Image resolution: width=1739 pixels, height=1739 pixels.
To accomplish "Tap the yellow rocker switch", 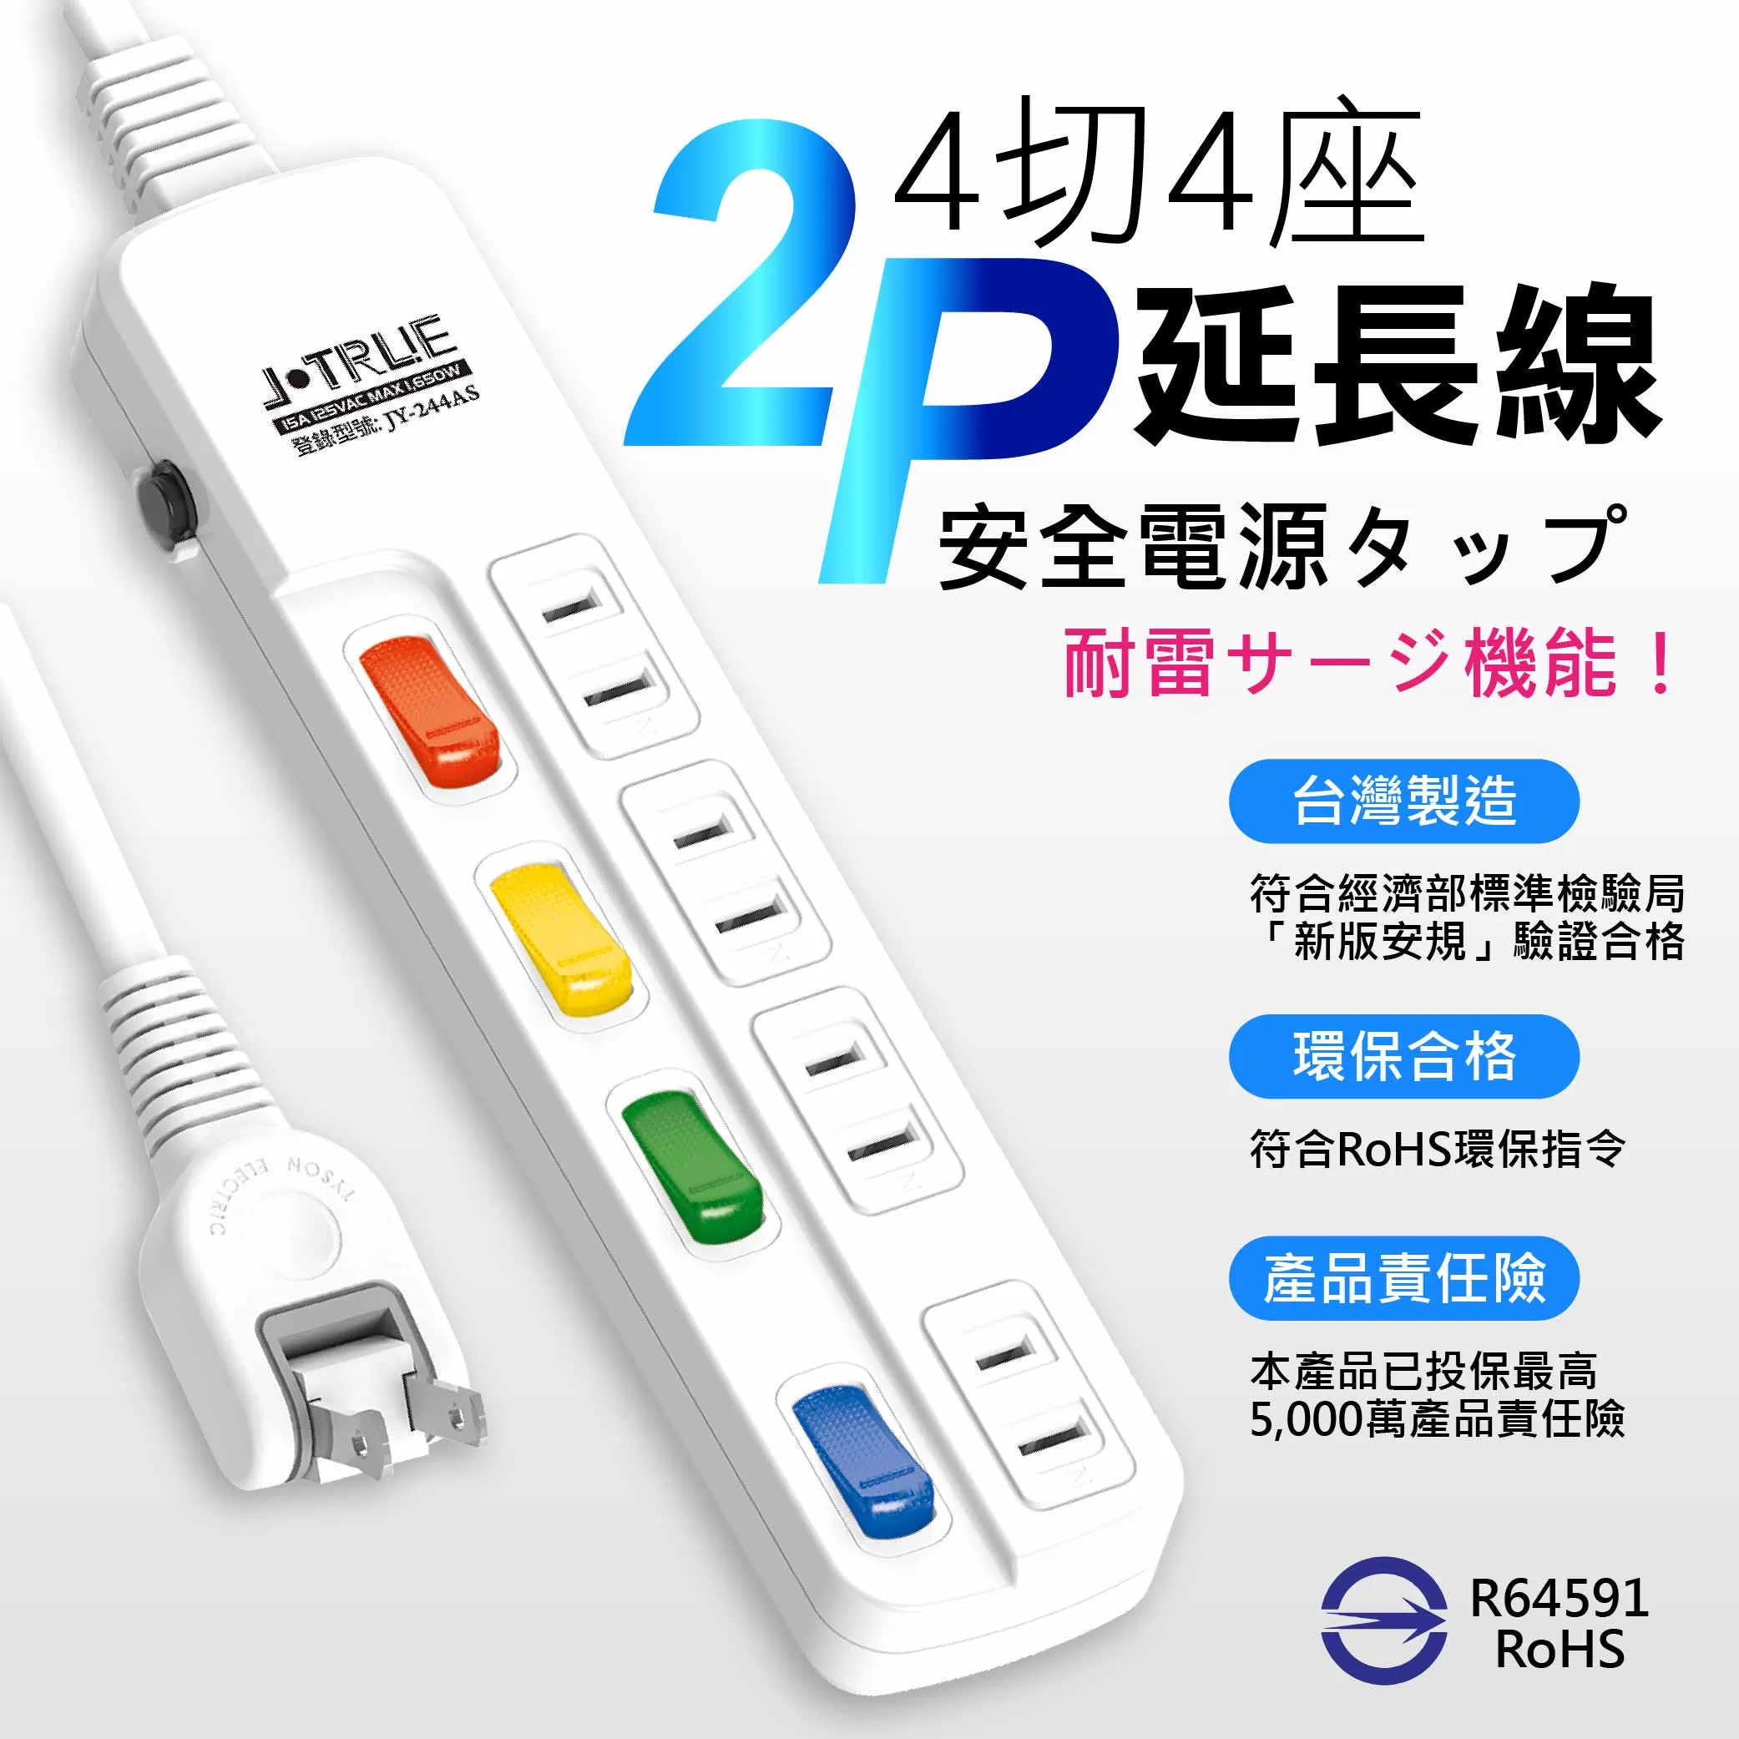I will pyautogui.click(x=560, y=936).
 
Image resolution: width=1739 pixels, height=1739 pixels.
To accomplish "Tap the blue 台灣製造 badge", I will pyautogui.click(x=1403, y=800).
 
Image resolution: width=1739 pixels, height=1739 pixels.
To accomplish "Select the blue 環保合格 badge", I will pyautogui.click(x=1403, y=1056).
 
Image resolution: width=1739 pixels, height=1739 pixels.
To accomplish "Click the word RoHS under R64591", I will pyautogui.click(x=1559, y=1650).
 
